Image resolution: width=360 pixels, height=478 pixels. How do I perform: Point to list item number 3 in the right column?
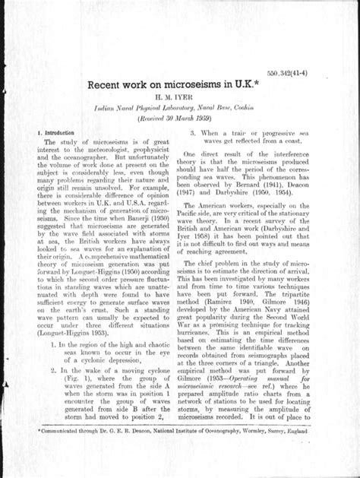[x=194, y=132]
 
